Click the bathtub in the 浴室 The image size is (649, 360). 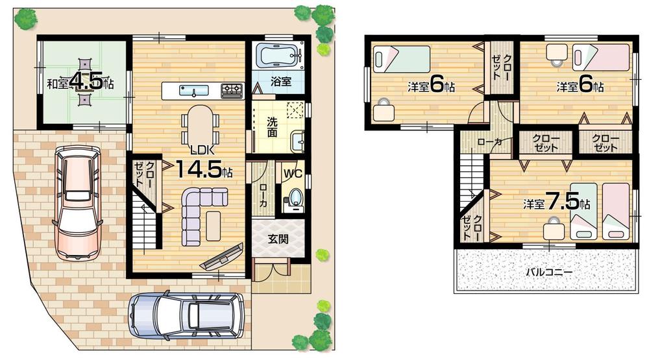click(x=278, y=55)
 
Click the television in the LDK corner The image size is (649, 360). click(x=222, y=256)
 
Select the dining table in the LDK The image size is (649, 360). click(x=199, y=121)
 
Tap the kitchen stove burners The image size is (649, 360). click(x=232, y=90)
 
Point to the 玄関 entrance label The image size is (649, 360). click(x=278, y=238)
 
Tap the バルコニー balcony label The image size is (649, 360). click(x=549, y=272)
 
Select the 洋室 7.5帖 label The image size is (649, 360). click(x=556, y=203)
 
